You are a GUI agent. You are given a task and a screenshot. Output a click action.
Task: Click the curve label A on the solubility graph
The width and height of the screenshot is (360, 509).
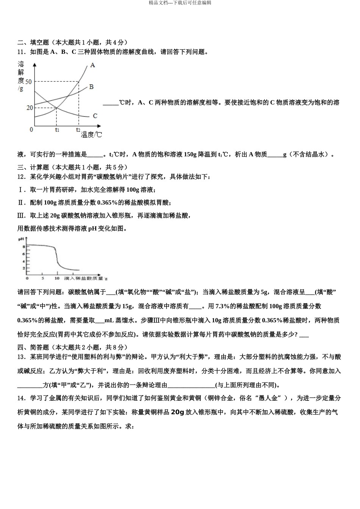[x=92, y=66]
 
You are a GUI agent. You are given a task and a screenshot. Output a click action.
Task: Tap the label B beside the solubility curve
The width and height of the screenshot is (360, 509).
[x=91, y=87]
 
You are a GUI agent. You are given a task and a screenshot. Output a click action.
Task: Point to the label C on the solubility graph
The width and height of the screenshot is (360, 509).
[x=95, y=116]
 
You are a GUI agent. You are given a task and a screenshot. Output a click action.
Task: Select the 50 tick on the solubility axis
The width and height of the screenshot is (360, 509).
[x=28, y=81]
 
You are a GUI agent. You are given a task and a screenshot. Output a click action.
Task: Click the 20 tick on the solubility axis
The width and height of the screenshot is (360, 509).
[x=29, y=108]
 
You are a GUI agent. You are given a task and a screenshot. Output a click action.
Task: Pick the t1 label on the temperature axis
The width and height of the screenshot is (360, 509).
[x=57, y=130]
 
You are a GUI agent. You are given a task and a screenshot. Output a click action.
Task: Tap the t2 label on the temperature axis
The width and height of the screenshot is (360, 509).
[x=78, y=130]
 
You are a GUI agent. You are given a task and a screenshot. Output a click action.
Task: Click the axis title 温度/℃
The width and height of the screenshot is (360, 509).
[x=91, y=134]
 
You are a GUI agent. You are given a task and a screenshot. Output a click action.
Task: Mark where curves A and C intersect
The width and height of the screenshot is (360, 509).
[x=56, y=108]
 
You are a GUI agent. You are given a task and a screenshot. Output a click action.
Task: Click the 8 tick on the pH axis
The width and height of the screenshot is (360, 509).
[x=23, y=247]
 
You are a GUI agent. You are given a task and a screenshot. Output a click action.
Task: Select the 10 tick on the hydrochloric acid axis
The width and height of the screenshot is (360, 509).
[x=57, y=278]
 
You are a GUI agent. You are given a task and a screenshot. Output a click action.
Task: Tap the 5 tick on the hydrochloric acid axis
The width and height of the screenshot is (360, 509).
[x=42, y=278]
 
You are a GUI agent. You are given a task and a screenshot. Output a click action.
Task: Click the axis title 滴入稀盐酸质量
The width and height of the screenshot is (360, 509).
[x=84, y=278]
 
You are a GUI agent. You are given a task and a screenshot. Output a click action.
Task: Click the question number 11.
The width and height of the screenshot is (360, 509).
[x=22, y=52]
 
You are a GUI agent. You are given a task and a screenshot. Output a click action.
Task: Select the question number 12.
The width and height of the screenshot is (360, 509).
[x=22, y=177]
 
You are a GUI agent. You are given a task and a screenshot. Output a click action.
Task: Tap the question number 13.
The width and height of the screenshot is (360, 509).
[x=22, y=357]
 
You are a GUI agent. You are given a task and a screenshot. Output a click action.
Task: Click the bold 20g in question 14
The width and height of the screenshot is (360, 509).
[x=177, y=412]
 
